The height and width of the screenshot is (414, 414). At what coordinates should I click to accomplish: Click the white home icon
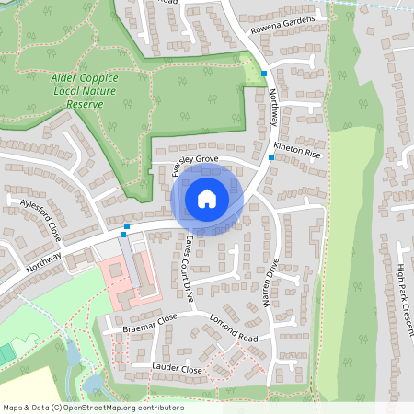pos(207,198)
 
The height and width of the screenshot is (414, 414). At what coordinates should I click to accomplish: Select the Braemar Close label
pos(149,324)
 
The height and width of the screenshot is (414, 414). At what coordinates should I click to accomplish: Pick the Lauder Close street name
pos(178,369)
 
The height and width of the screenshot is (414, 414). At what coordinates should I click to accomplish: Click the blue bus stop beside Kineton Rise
pos(270,157)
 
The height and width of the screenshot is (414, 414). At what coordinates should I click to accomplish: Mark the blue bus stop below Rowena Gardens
pos(264,74)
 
